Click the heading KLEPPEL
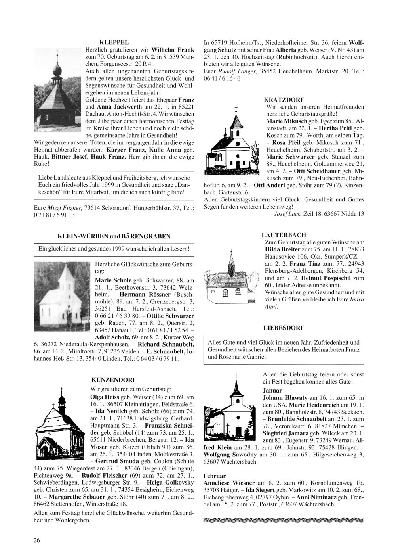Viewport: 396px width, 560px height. pos(114,42)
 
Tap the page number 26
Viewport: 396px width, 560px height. pos(37,540)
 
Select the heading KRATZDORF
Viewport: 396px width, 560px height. pos(284,100)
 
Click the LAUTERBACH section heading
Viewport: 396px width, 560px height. pos(284,235)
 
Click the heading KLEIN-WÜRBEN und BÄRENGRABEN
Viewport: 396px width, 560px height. pos(114,236)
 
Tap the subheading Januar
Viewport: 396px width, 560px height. pos(272,391)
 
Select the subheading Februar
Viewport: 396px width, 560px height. pos(214,476)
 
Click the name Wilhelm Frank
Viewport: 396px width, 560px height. pos(173,50)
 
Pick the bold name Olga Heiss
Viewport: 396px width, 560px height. pos(105,397)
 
